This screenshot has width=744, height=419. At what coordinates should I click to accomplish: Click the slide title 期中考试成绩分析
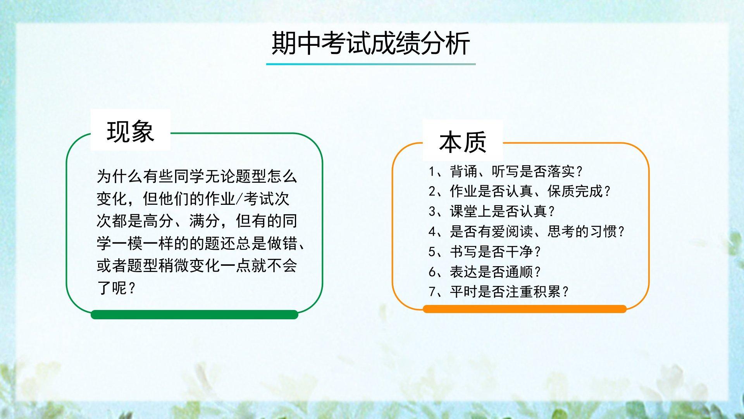(x=371, y=43)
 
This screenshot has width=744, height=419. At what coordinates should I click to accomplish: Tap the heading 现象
(x=131, y=132)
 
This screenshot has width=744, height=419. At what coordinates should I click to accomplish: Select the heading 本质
(x=463, y=142)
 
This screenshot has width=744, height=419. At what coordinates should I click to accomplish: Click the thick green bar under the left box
(x=195, y=315)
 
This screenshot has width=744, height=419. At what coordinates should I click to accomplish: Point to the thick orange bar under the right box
(x=525, y=309)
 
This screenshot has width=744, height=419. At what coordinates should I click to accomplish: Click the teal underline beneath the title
(x=371, y=64)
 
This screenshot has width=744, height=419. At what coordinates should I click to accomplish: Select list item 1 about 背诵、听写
(x=506, y=171)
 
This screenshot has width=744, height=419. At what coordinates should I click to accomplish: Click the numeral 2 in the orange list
(x=432, y=191)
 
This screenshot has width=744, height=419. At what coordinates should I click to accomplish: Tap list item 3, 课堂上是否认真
(x=492, y=211)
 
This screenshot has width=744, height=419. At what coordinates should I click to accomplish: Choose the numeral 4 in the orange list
(x=432, y=232)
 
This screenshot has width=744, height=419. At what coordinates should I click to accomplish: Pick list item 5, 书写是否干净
(x=484, y=252)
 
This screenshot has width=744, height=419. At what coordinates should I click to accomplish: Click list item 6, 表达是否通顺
(x=484, y=272)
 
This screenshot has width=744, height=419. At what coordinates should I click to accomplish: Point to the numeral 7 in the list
(x=432, y=292)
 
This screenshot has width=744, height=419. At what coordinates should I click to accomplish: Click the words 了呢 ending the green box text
(x=112, y=288)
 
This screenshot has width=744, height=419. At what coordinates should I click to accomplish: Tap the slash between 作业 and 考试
(x=239, y=199)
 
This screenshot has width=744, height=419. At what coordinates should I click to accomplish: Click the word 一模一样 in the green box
(x=143, y=244)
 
